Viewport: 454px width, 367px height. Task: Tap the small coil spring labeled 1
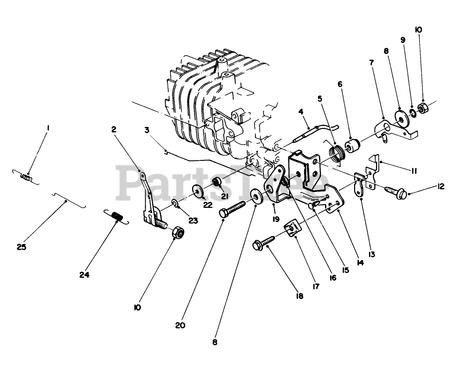click(26, 176)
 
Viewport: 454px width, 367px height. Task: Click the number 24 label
click(84, 275)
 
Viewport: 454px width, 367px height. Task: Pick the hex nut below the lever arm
click(177, 233)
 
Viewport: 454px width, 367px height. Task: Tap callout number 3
click(146, 130)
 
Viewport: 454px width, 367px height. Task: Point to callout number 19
click(275, 219)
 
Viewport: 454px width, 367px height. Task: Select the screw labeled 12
click(395, 191)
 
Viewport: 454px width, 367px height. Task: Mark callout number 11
click(413, 171)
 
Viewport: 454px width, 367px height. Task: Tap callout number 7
click(371, 62)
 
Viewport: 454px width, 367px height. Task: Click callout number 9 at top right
click(403, 40)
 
